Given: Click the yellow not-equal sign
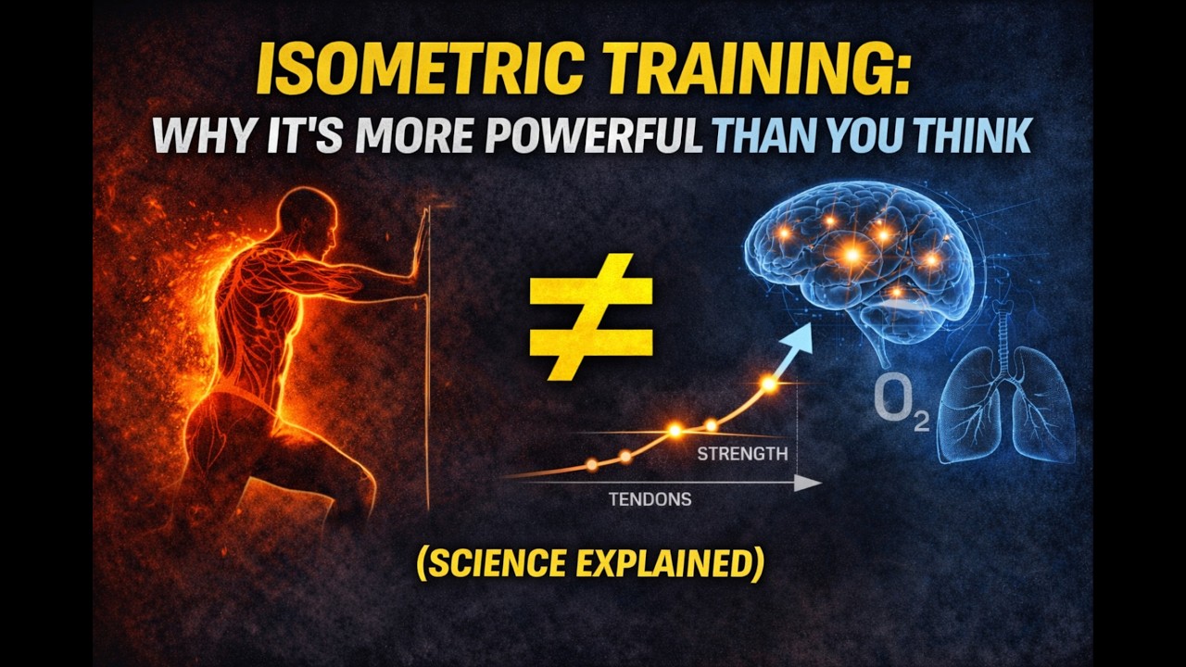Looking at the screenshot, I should (591, 316).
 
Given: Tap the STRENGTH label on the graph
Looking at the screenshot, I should (742, 454).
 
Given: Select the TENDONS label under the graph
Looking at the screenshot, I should (650, 499).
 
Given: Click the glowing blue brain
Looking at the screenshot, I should (862, 250).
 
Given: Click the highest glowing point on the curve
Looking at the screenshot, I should (768, 383).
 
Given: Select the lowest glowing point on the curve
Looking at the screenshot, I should (591, 465).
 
